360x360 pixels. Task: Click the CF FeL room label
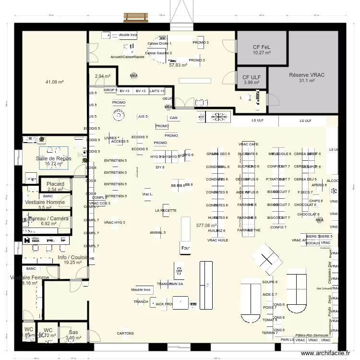tap(262, 47)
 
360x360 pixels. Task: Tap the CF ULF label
tap(252, 77)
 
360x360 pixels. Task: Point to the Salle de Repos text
tap(54, 158)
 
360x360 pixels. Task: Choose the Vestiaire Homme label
tap(45, 202)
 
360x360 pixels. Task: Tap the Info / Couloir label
tap(72, 257)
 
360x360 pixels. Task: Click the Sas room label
tap(73, 332)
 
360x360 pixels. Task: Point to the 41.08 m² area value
tap(55, 82)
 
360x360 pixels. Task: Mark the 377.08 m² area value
tap(206, 225)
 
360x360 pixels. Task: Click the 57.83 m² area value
tap(178, 65)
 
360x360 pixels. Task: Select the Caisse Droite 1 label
tap(159, 43)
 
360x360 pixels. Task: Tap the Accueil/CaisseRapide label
tap(127, 57)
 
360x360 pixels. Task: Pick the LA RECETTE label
tap(166, 210)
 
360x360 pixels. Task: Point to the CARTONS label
tap(125, 333)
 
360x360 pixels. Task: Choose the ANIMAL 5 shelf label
tap(157, 232)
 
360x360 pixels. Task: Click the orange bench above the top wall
tap(136, 17)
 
